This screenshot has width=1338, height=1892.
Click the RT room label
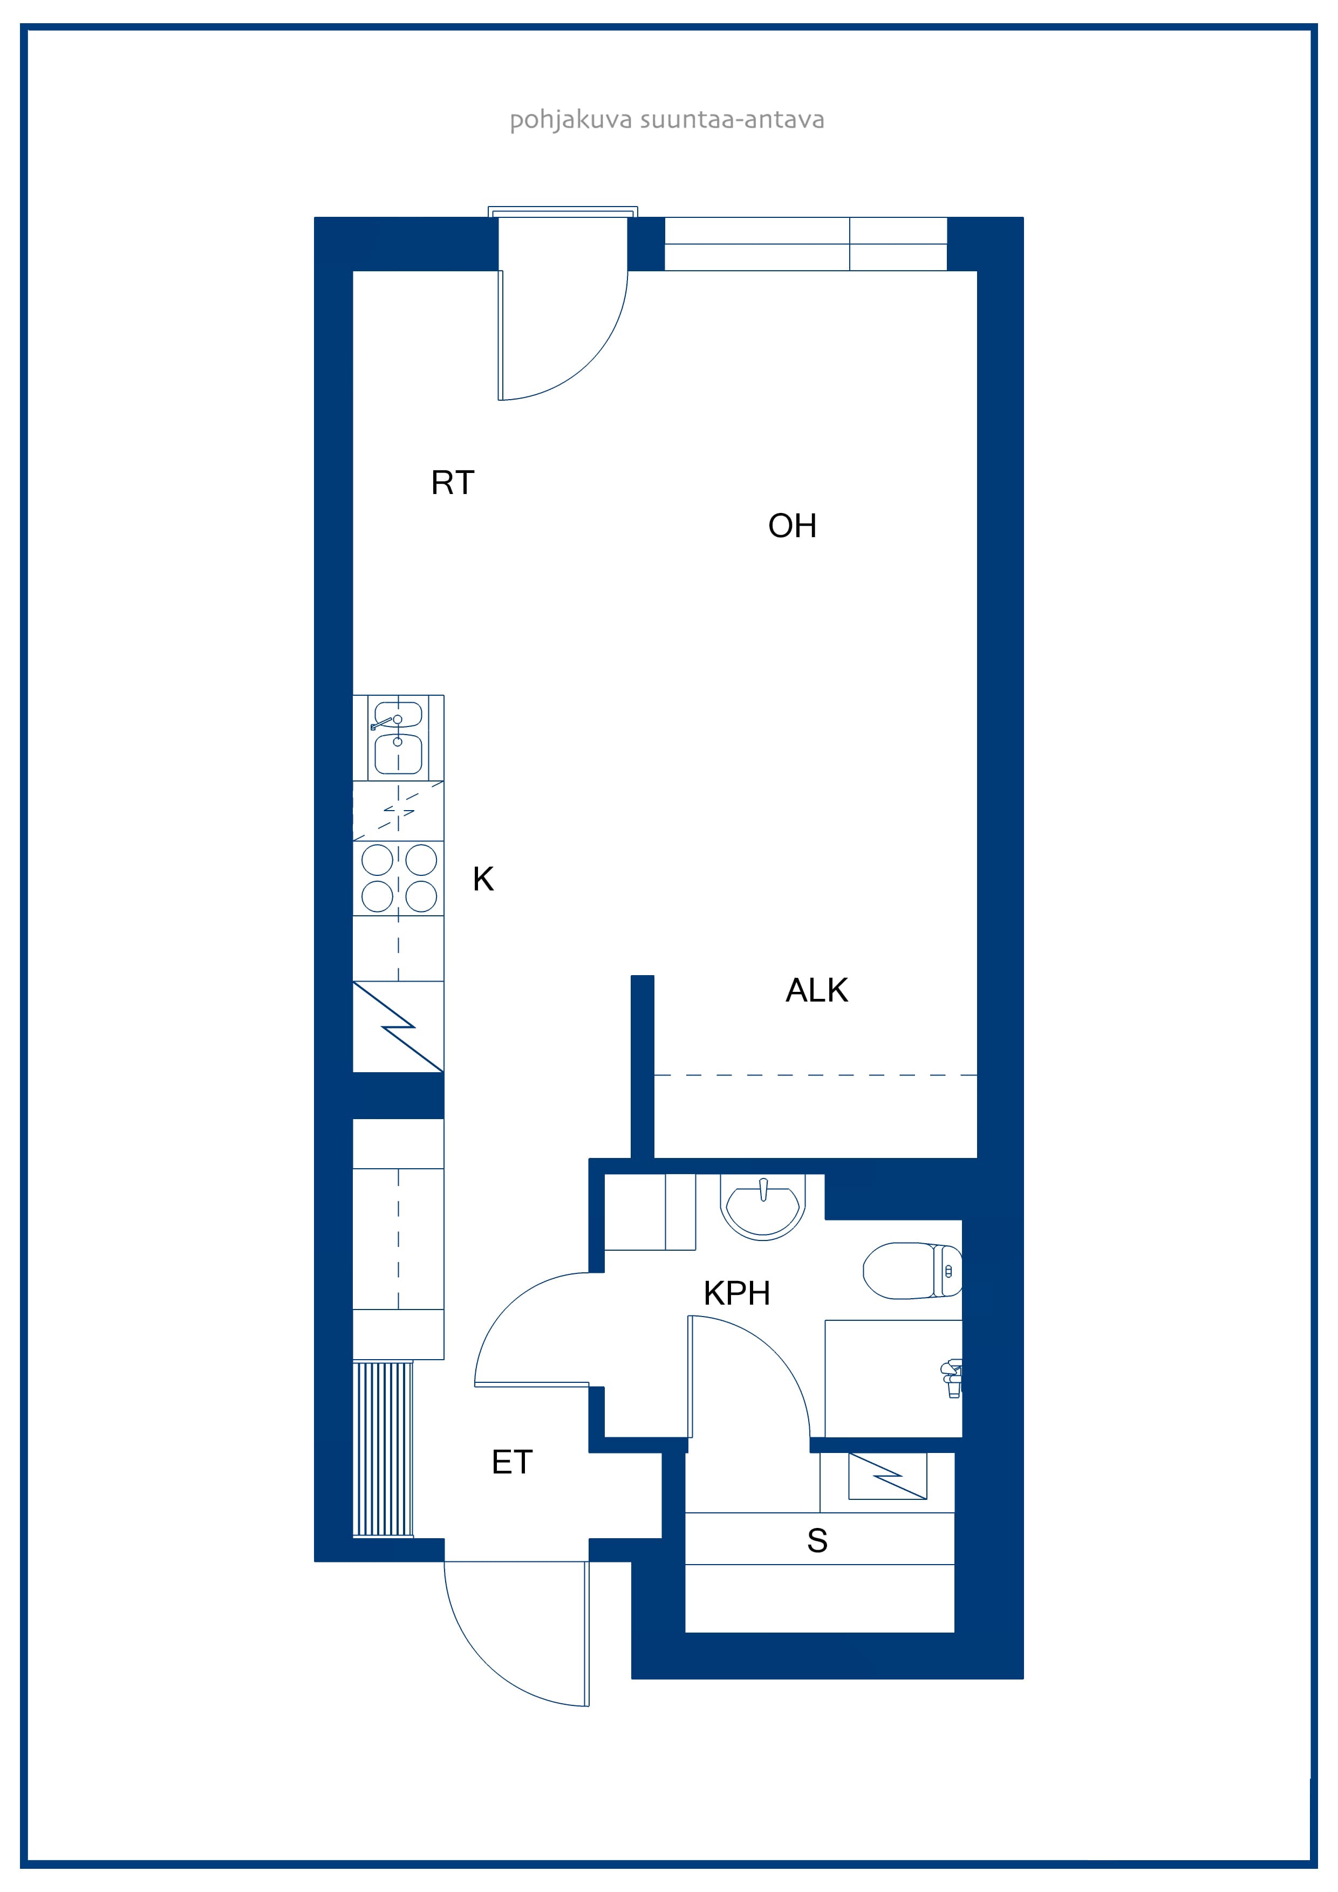[453, 482]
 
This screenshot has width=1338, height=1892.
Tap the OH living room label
[792, 526]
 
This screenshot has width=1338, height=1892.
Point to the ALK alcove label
[816, 990]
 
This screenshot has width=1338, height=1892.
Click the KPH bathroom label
[737, 1294]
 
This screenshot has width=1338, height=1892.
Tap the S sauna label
[817, 1540]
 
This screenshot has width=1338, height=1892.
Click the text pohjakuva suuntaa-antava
[667, 120]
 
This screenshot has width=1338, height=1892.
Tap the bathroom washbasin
[762, 1207]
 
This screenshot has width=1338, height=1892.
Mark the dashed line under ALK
[815, 1075]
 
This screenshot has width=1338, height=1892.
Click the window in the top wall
[805, 244]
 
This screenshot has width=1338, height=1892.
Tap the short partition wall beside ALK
[642, 1066]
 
